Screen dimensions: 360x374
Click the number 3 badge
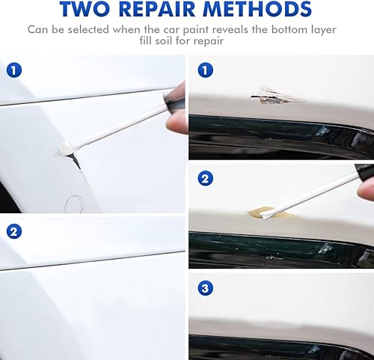pos(205,287)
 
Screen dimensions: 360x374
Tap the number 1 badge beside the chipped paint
pos(205,71)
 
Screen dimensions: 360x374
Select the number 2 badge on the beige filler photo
pos(205,178)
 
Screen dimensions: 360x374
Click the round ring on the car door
pos(74,201)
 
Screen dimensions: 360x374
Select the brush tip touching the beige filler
pos(272,214)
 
